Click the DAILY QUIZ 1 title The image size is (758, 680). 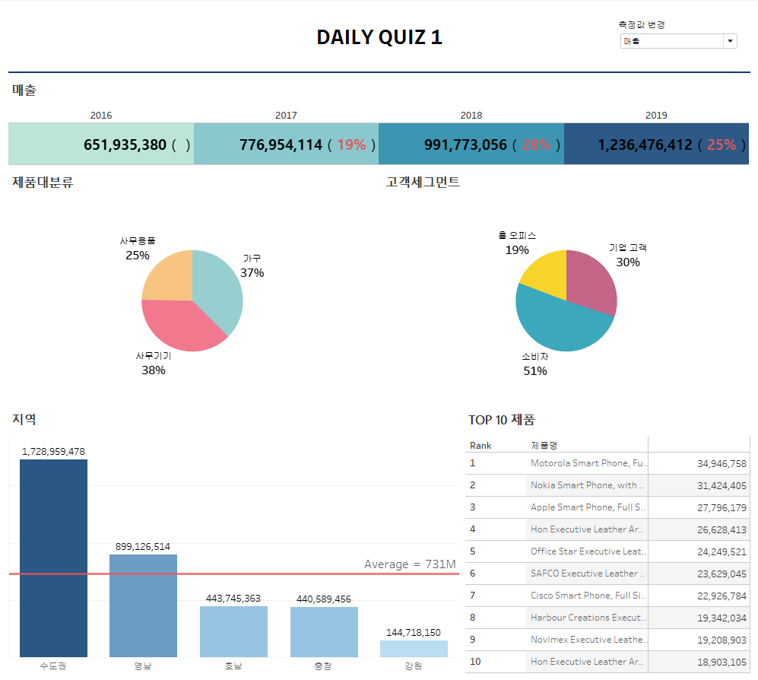pos(379,37)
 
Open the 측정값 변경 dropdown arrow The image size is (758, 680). pos(730,41)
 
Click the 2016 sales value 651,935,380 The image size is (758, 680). pos(125,145)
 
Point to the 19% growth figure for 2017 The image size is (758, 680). pos(351,145)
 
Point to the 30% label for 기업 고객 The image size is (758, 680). pos(628,262)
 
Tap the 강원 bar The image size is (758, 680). pos(414,649)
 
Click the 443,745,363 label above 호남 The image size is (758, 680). pos(233,599)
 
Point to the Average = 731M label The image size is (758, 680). pos(410,564)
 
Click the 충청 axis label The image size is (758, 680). pos(323,666)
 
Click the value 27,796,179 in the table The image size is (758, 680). pos(722,507)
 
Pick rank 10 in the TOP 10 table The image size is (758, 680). pos(475,662)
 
